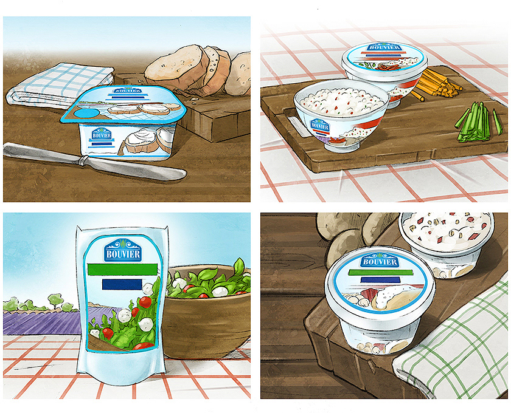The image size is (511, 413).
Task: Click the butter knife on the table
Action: pos(94,161)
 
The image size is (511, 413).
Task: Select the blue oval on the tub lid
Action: pos(86,114)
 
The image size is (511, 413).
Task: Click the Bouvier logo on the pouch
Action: pos(123,250)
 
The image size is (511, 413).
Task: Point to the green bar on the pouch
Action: pos(122,269)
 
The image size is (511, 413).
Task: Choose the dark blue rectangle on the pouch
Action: pos(122,284)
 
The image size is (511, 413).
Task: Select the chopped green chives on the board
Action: pos(478,122)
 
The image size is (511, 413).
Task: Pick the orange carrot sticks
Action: pos(434,84)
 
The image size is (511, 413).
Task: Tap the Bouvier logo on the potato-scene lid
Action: pos(379,260)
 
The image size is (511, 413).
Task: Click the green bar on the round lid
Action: pos(381,272)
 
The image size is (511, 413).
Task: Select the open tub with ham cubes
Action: pos(447,244)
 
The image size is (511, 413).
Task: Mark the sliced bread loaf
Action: pos(197,70)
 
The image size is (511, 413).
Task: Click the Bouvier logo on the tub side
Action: pos(102,134)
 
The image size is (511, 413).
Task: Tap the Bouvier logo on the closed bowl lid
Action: pos(384,47)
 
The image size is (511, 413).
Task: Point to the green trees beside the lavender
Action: pos(39,303)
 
